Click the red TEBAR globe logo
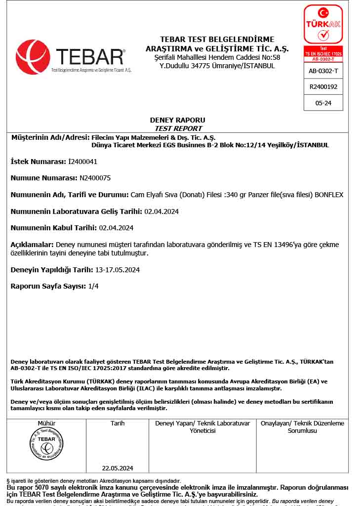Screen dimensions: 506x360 [33, 57]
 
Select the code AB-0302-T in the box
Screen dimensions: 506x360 [323, 71]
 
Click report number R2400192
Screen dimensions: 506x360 [323, 86]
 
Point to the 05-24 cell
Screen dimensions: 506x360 [323, 103]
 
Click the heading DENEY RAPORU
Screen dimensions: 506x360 [177, 120]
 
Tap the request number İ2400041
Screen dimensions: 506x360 [82, 162]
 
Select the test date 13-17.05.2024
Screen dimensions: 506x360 [118, 270]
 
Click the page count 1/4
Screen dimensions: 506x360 [93, 287]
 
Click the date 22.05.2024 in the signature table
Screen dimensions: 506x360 [118, 468]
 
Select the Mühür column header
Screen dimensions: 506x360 [46, 423]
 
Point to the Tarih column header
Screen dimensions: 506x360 [118, 423]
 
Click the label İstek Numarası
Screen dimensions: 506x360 [38, 162]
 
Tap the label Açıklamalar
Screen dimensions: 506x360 [32, 245]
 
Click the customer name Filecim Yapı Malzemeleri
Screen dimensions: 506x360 [128, 137]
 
